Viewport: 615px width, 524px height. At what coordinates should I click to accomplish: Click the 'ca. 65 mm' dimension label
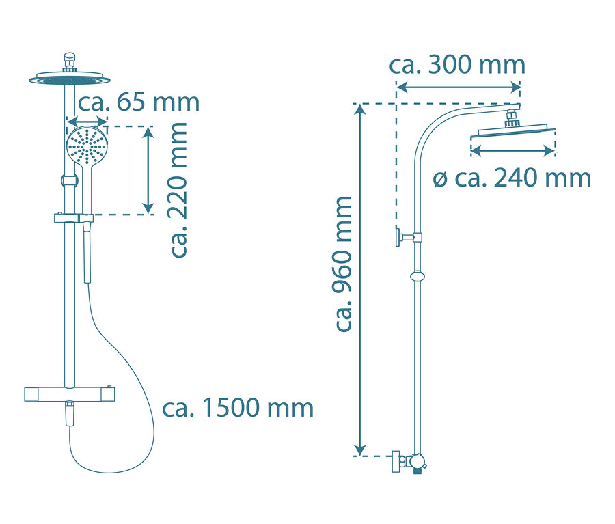(139, 102)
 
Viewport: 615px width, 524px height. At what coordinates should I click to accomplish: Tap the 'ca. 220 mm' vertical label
(179, 190)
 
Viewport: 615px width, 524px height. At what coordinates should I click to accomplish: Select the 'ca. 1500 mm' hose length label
(238, 409)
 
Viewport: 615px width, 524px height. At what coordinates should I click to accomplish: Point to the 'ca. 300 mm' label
(457, 65)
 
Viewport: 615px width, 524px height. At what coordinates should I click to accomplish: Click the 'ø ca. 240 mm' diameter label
(512, 178)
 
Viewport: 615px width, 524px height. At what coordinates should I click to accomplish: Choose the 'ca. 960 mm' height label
(344, 264)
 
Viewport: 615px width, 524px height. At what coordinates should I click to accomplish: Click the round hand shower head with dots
(87, 146)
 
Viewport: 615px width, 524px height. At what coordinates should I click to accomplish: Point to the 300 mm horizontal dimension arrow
(458, 87)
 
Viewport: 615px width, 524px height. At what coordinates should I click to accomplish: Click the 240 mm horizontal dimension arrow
(512, 150)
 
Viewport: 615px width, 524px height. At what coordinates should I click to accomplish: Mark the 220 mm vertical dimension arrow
(148, 170)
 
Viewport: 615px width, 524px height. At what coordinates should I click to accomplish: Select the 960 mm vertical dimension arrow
(360, 279)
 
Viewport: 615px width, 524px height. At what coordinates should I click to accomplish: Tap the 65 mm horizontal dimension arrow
(87, 121)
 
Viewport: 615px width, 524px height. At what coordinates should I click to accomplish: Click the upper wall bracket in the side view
(408, 237)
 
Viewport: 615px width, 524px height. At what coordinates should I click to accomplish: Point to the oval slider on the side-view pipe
(418, 277)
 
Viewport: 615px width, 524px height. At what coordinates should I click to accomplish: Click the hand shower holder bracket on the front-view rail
(73, 218)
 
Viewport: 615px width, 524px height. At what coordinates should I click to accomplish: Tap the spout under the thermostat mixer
(70, 413)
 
